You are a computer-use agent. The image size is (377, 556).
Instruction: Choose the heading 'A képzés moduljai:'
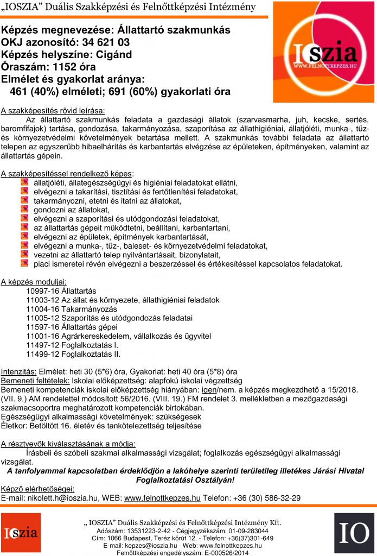34,281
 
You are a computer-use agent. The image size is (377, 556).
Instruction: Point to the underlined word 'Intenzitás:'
18,372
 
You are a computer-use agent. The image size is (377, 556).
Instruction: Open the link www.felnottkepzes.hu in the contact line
162,497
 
